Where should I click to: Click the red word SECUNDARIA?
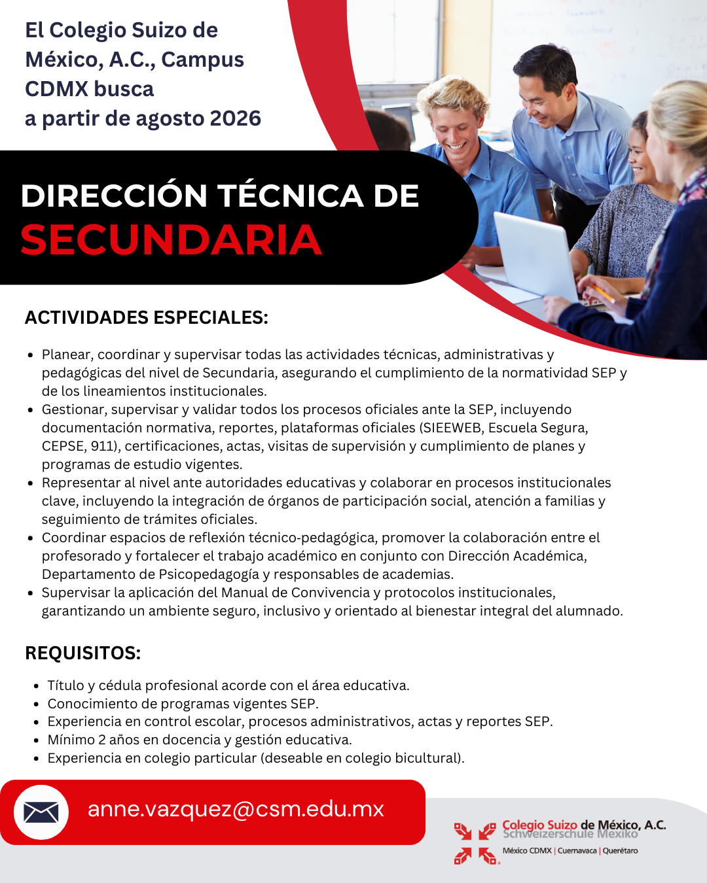point(172,240)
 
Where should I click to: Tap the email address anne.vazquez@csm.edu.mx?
point(236,809)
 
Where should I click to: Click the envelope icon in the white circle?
point(41,812)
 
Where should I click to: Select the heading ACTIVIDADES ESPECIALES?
point(147,318)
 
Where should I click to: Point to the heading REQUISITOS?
point(82,653)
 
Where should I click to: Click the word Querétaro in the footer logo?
point(620,851)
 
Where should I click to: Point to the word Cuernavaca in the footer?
point(577,851)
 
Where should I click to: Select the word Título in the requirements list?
point(66,685)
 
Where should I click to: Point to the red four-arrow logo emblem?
point(475,843)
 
